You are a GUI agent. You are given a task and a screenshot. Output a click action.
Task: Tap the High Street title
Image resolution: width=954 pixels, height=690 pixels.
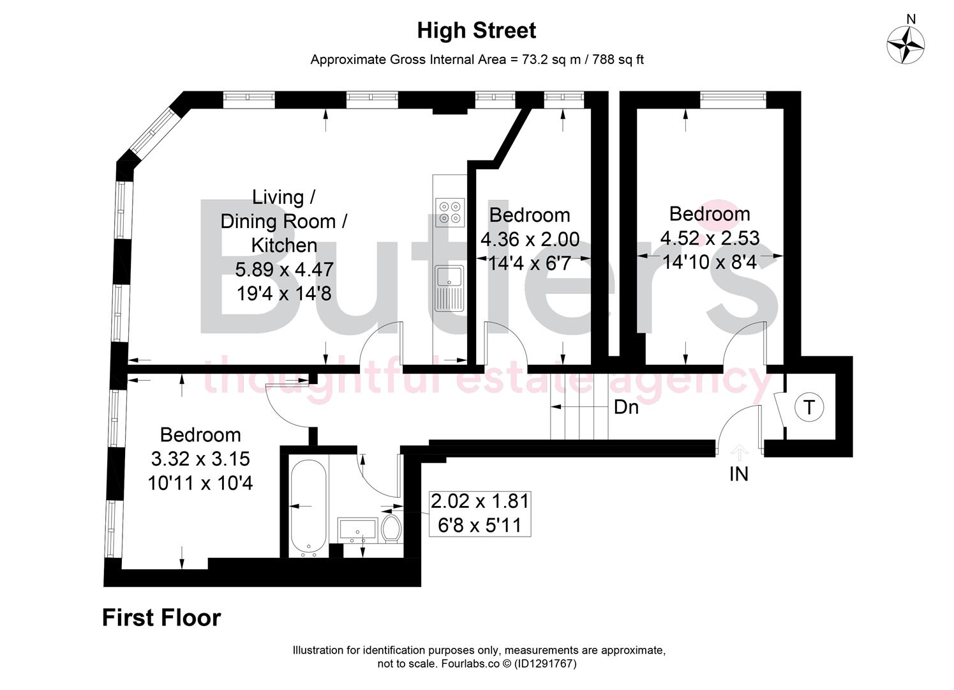pyautogui.click(x=477, y=30)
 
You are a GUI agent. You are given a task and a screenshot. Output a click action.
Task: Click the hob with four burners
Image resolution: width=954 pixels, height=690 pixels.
pyautogui.click(x=449, y=212)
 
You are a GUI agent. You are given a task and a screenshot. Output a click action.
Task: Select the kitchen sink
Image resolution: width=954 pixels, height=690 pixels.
pyautogui.click(x=449, y=288)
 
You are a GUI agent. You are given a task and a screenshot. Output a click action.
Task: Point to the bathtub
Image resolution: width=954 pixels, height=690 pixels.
pyautogui.click(x=309, y=507)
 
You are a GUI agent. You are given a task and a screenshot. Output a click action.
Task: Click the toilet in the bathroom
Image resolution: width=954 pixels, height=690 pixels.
pyautogui.click(x=391, y=530)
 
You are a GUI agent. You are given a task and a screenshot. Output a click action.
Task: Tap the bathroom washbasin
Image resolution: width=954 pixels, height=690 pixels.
pyautogui.click(x=357, y=530)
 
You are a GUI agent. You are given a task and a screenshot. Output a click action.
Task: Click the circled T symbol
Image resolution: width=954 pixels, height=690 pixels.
pyautogui.click(x=809, y=407)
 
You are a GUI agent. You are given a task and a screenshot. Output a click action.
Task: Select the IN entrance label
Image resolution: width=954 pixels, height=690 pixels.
pyautogui.click(x=739, y=474)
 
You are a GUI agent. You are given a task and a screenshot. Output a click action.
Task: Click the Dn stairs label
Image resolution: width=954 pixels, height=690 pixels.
pyautogui.click(x=626, y=407)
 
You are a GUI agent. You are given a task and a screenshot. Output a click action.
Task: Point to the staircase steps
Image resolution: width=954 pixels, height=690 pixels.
pyautogui.click(x=579, y=406)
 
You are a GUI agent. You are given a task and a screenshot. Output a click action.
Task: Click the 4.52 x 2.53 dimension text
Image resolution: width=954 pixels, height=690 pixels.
pyautogui.click(x=710, y=238)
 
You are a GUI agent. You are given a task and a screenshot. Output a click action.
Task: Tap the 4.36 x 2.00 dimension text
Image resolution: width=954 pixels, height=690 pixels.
pyautogui.click(x=530, y=240)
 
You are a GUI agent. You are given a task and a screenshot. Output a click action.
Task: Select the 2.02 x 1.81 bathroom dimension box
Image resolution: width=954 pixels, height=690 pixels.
pyautogui.click(x=479, y=513)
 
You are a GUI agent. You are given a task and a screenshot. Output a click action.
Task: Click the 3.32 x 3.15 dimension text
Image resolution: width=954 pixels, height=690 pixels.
pyautogui.click(x=200, y=459)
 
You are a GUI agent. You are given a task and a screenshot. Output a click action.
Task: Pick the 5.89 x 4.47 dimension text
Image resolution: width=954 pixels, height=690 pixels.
pyautogui.click(x=284, y=269)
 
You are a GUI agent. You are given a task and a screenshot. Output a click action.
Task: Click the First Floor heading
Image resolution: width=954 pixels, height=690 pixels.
pyautogui.click(x=161, y=618)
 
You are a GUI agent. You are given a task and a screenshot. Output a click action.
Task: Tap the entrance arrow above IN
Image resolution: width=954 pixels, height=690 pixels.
pyautogui.click(x=739, y=453)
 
